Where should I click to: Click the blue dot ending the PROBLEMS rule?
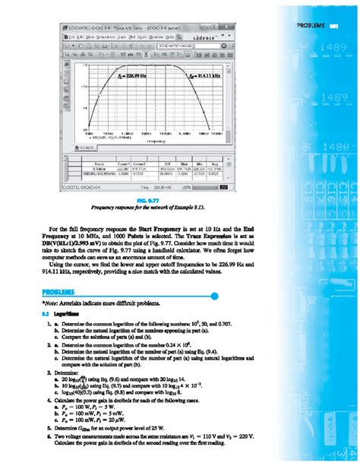click(x=216, y=295)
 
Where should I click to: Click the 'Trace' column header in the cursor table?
click(x=99, y=163)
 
